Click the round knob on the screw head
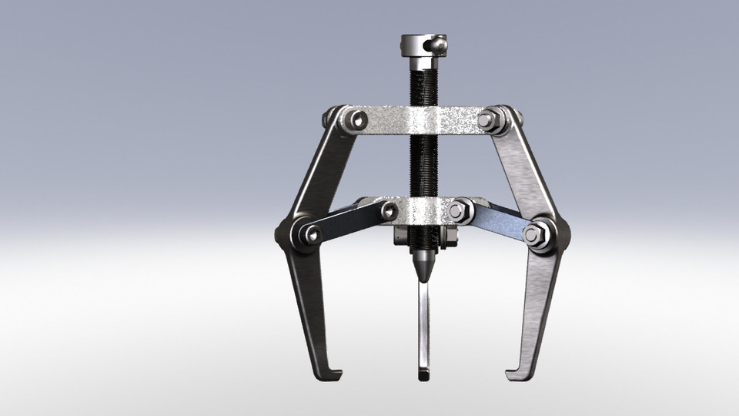[x=437, y=46]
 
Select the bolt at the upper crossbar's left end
[x=356, y=119]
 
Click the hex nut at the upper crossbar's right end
[x=488, y=120]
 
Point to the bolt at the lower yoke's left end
[x=390, y=210]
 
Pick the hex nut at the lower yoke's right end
[x=460, y=210]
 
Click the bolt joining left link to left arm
[x=309, y=233]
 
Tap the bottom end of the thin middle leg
[x=423, y=374]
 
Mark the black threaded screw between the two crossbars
[x=423, y=166]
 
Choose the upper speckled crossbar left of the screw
[x=385, y=120]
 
